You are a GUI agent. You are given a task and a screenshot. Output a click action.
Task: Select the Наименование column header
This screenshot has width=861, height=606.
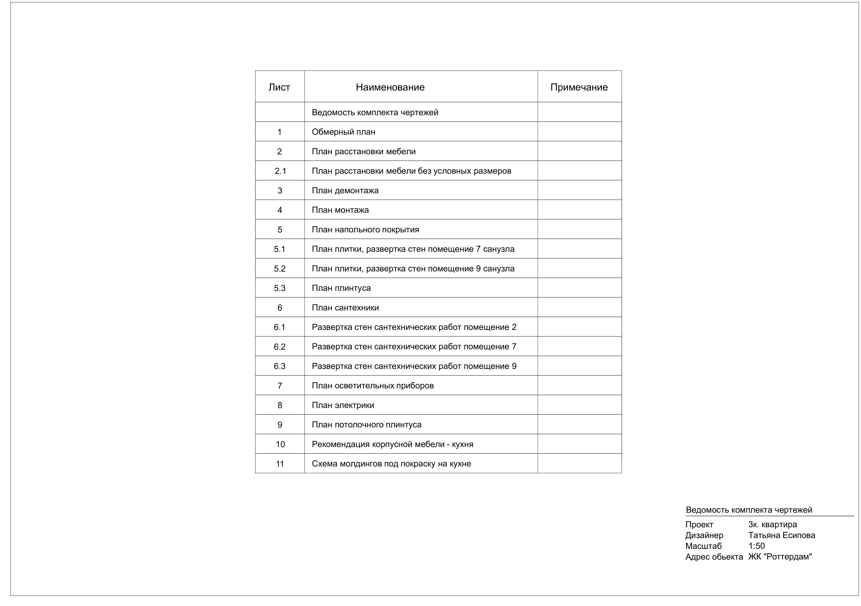(x=390, y=87)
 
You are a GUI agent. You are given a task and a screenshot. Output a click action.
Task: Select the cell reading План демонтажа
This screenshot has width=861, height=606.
(x=345, y=191)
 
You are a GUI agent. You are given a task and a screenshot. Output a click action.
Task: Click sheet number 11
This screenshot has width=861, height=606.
(x=280, y=464)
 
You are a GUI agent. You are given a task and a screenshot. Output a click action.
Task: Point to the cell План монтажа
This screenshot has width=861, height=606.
(x=340, y=210)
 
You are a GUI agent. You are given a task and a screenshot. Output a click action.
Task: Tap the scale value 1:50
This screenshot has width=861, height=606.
(x=756, y=546)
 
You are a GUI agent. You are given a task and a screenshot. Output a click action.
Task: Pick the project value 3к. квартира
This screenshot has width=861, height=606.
(x=773, y=525)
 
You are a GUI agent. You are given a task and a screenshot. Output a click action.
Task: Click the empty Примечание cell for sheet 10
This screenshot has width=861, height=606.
(x=579, y=444)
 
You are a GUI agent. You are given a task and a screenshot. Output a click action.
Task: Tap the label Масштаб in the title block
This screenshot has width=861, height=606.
(x=703, y=546)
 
